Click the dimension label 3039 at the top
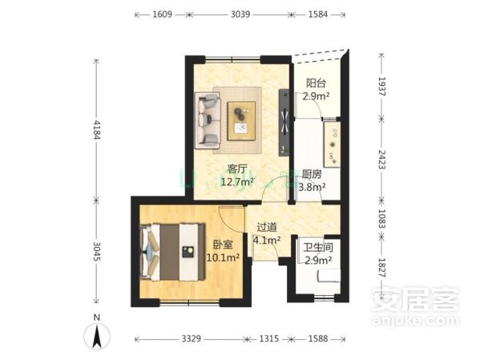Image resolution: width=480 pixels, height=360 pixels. point(240,14)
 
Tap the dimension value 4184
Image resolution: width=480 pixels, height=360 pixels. point(97,129)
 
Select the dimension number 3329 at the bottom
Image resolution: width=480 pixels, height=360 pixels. point(192,338)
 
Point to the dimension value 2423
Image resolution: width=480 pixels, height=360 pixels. point(381,160)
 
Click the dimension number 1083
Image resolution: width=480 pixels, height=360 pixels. point(381,218)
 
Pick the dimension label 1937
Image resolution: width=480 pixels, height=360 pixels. point(381,87)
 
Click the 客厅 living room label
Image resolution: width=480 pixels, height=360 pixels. point(237,169)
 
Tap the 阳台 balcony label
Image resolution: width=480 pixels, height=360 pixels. point(316,83)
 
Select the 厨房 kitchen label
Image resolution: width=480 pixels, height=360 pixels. point(312,174)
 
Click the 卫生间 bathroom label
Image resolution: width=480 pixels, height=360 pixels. point(318,248)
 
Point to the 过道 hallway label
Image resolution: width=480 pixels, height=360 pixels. point(267,227)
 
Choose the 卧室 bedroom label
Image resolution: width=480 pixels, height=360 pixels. point(223,245)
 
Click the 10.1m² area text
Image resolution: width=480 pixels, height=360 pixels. point(223,257)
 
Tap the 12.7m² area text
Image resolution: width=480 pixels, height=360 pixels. point(237,182)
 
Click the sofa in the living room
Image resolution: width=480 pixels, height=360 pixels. point(208,120)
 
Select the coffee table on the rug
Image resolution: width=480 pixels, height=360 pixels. point(241,121)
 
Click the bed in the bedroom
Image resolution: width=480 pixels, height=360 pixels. point(172,252)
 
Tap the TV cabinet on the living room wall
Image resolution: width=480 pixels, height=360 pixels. point(284,123)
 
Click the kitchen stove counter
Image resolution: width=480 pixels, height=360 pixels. point(332,144)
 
